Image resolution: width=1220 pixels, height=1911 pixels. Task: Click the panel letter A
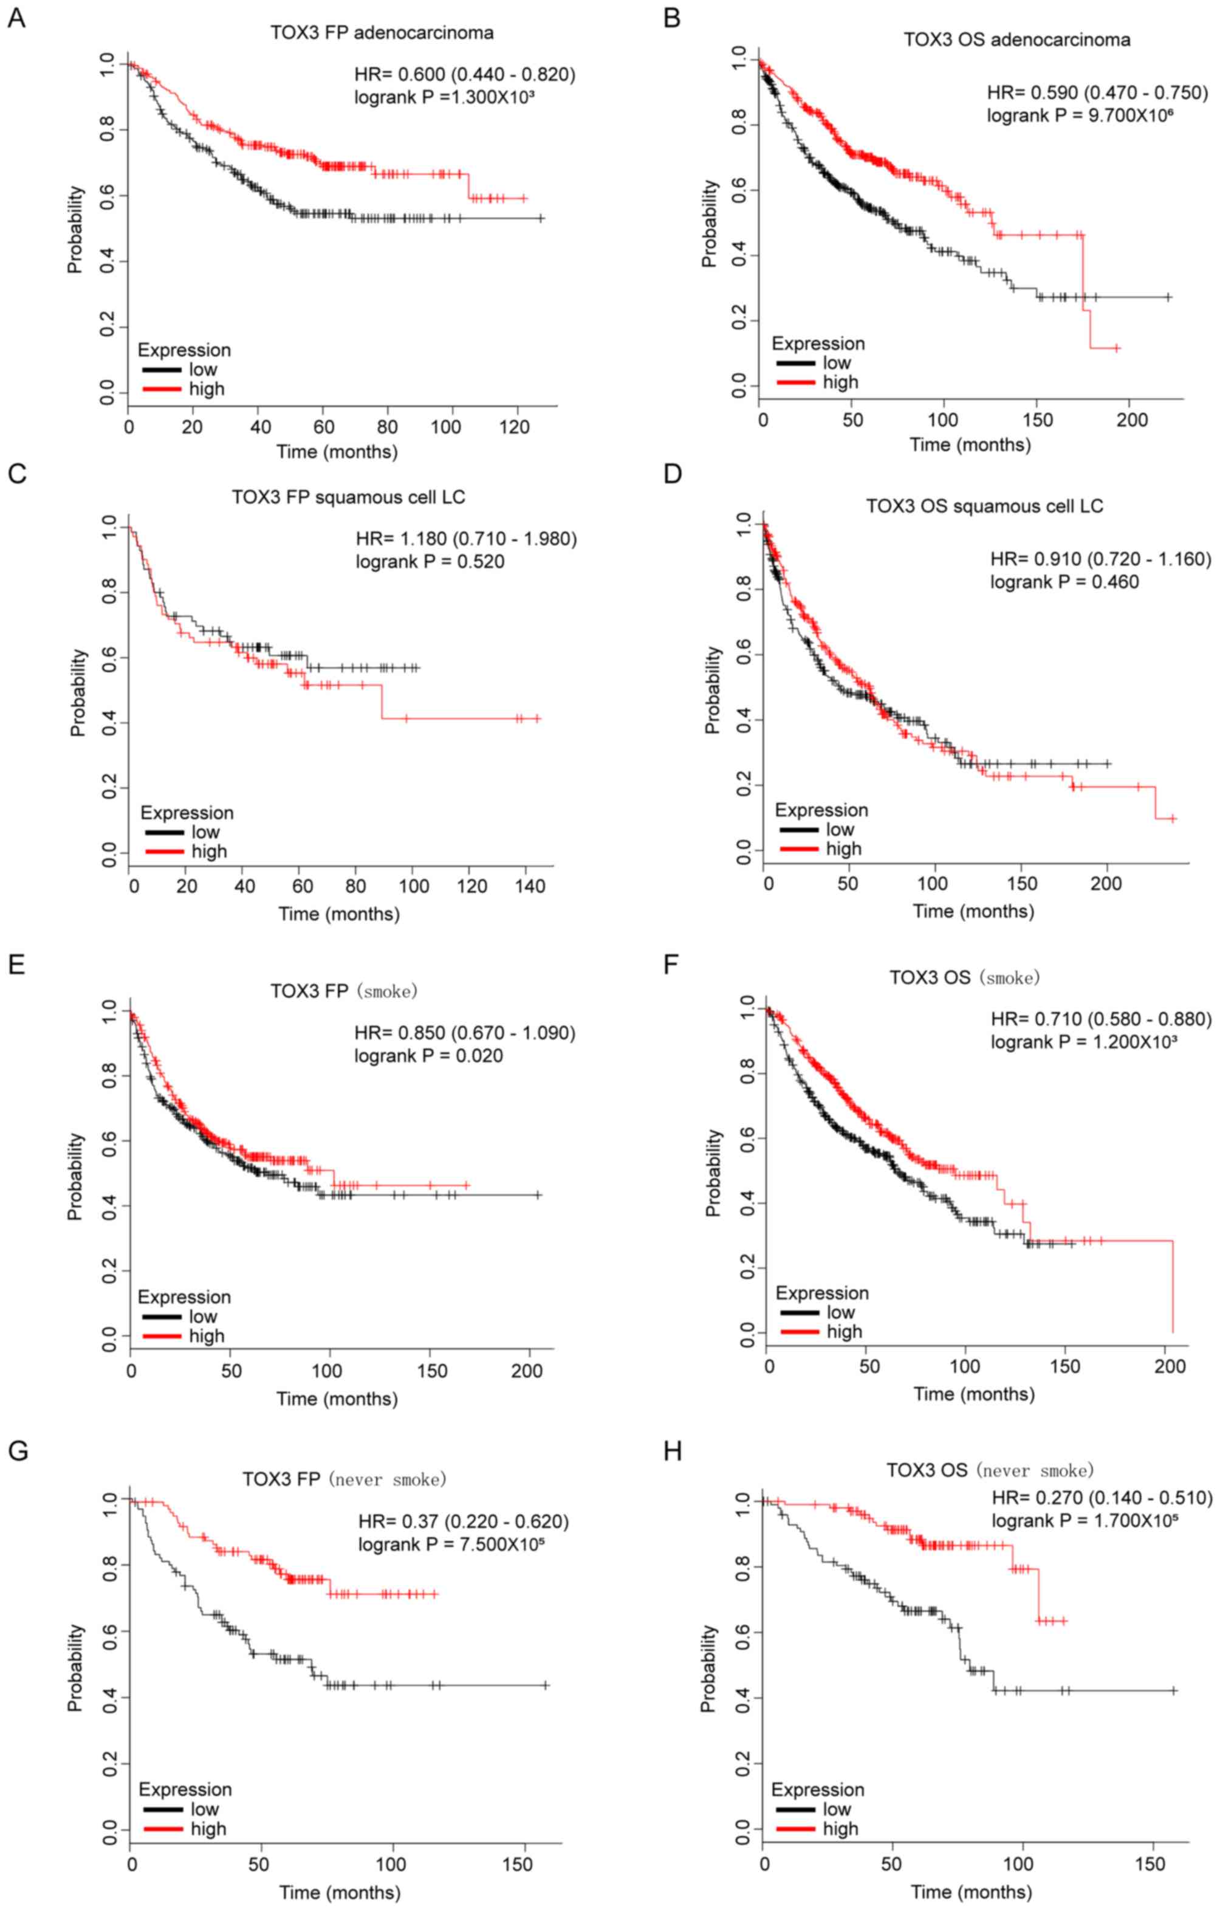(16, 18)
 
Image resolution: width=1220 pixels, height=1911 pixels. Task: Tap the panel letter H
(672, 1451)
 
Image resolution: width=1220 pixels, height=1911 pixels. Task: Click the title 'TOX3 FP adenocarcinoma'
(382, 33)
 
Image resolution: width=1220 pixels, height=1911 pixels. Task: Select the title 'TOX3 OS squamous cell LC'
(984, 506)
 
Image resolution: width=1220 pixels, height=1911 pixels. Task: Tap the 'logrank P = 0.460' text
(1064, 582)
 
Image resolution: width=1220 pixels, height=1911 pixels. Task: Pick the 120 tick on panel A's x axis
(515, 427)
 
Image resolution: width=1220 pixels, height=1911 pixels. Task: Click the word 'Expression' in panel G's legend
(185, 1789)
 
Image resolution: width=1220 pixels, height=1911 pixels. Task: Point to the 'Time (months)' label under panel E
(337, 1399)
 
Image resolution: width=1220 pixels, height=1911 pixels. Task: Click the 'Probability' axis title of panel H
(708, 1667)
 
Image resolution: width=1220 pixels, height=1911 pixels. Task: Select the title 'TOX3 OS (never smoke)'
(989, 1470)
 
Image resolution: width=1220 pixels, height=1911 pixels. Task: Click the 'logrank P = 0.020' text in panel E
(428, 1056)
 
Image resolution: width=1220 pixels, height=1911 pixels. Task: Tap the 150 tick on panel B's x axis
(1038, 420)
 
